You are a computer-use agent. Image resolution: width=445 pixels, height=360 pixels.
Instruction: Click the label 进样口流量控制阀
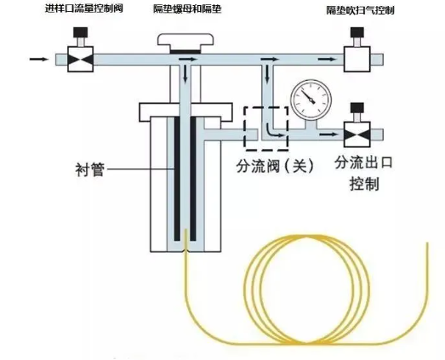pyautogui.click(x=84, y=9)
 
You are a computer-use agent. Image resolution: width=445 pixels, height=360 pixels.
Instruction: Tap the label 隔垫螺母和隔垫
pyautogui.click(x=187, y=9)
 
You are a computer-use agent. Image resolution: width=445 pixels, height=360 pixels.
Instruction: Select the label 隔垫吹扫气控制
pyautogui.click(x=360, y=11)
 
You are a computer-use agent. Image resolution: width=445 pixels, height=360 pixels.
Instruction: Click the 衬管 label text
pyautogui.click(x=90, y=169)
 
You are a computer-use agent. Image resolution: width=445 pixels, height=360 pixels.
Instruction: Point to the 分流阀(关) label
pyautogui.click(x=275, y=166)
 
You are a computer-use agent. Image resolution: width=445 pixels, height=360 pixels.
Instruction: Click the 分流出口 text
pyautogui.click(x=364, y=163)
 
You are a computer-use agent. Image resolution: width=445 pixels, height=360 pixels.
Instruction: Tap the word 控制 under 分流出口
pyautogui.click(x=364, y=184)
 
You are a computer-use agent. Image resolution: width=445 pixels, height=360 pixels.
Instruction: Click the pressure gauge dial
pyautogui.click(x=311, y=100)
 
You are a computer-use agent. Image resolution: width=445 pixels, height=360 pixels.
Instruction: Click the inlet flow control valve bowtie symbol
pyautogui.click(x=80, y=60)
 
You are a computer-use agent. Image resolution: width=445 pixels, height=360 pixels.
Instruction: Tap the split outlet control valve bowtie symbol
pyautogui.click(x=357, y=134)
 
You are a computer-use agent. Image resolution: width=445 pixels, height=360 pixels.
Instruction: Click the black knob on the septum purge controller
pyautogui.click(x=357, y=32)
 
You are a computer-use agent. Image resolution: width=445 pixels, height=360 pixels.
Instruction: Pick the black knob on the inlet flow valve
pyautogui.click(x=81, y=32)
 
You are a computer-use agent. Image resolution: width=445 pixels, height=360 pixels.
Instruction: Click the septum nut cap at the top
pyautogui.click(x=185, y=40)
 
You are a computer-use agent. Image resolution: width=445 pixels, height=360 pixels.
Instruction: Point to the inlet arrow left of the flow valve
pyautogui.click(x=39, y=59)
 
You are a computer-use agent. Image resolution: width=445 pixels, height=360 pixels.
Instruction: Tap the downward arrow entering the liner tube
pyautogui.click(x=185, y=74)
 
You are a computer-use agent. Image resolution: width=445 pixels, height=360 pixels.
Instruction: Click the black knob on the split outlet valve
pyautogui.click(x=357, y=108)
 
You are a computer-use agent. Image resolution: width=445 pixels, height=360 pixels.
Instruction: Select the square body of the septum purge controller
pyautogui.click(x=357, y=59)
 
